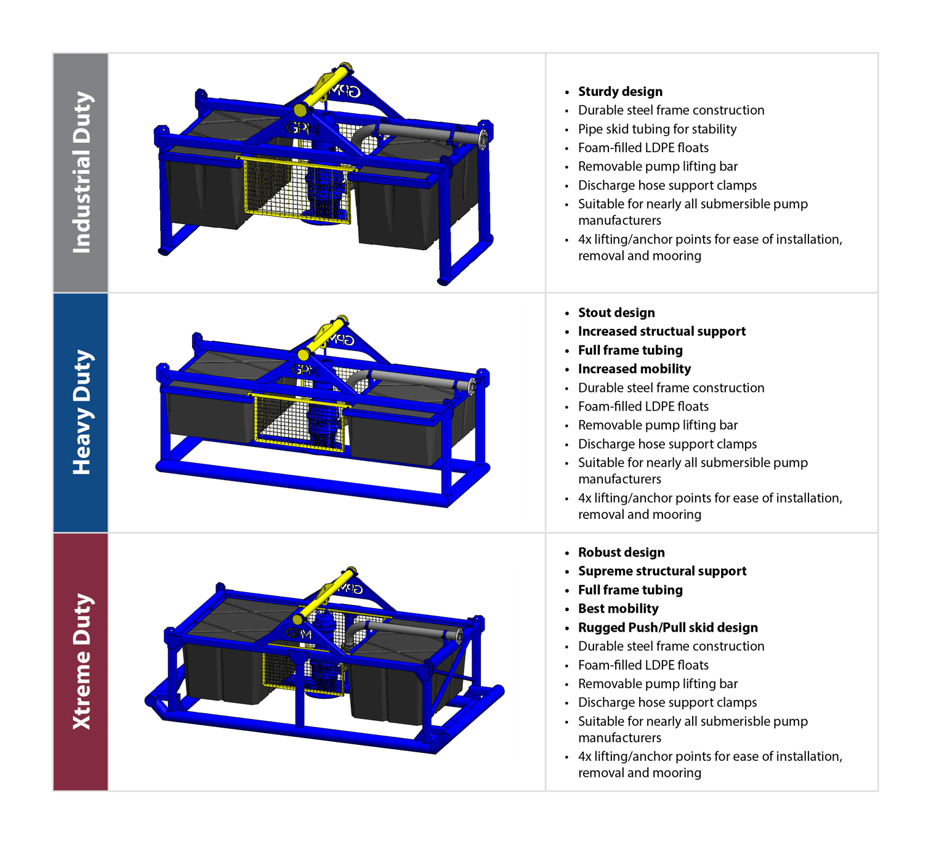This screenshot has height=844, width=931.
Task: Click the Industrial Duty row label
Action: click(x=81, y=172)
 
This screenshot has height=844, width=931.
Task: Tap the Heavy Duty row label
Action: click(x=81, y=412)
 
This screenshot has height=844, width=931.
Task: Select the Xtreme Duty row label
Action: click(x=81, y=662)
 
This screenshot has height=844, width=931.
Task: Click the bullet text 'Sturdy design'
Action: click(x=620, y=92)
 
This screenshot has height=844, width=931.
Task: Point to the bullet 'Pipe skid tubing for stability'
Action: click(x=657, y=129)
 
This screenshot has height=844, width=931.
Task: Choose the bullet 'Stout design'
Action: click(x=616, y=313)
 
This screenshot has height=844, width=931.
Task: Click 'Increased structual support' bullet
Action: click(x=662, y=331)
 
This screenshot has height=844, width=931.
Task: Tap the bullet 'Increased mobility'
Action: click(x=634, y=369)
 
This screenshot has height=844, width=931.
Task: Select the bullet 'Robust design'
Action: click(x=621, y=552)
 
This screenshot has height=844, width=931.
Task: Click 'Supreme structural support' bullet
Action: click(x=662, y=571)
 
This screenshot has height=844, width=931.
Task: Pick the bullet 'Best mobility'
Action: click(x=618, y=609)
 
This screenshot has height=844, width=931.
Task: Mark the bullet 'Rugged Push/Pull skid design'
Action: click(x=668, y=627)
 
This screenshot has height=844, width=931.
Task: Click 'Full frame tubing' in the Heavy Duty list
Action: click(x=631, y=350)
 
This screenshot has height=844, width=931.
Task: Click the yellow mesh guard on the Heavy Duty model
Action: click(x=299, y=422)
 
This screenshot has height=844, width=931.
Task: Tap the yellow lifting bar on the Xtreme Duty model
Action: click(x=326, y=594)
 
